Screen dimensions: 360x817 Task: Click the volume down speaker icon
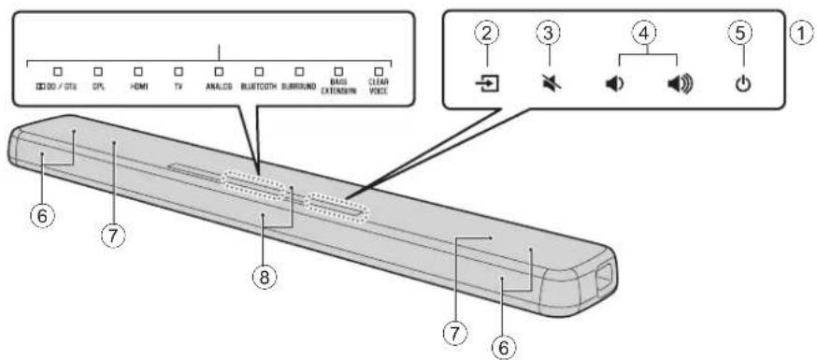click(613, 87)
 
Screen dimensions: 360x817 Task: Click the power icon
click(743, 87)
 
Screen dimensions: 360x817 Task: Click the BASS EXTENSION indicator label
click(338, 87)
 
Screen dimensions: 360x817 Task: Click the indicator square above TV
click(178, 70)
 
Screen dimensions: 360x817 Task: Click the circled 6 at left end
click(42, 215)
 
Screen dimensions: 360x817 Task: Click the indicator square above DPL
click(96, 70)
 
